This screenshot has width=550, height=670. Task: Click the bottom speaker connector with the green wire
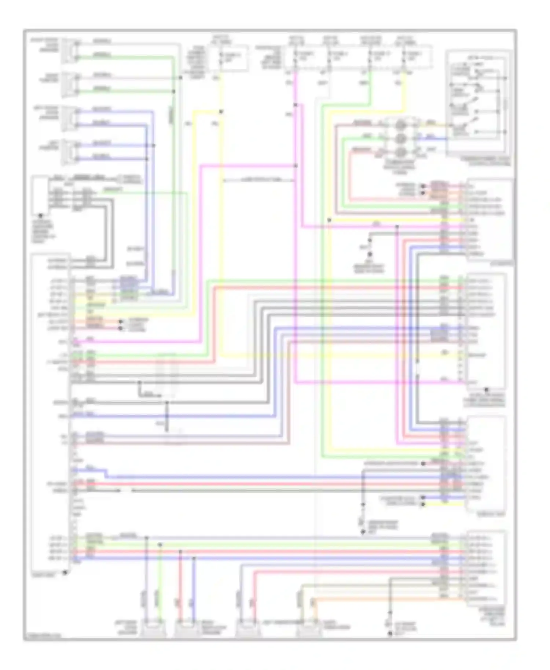153,628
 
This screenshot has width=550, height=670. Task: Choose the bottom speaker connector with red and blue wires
187,628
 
